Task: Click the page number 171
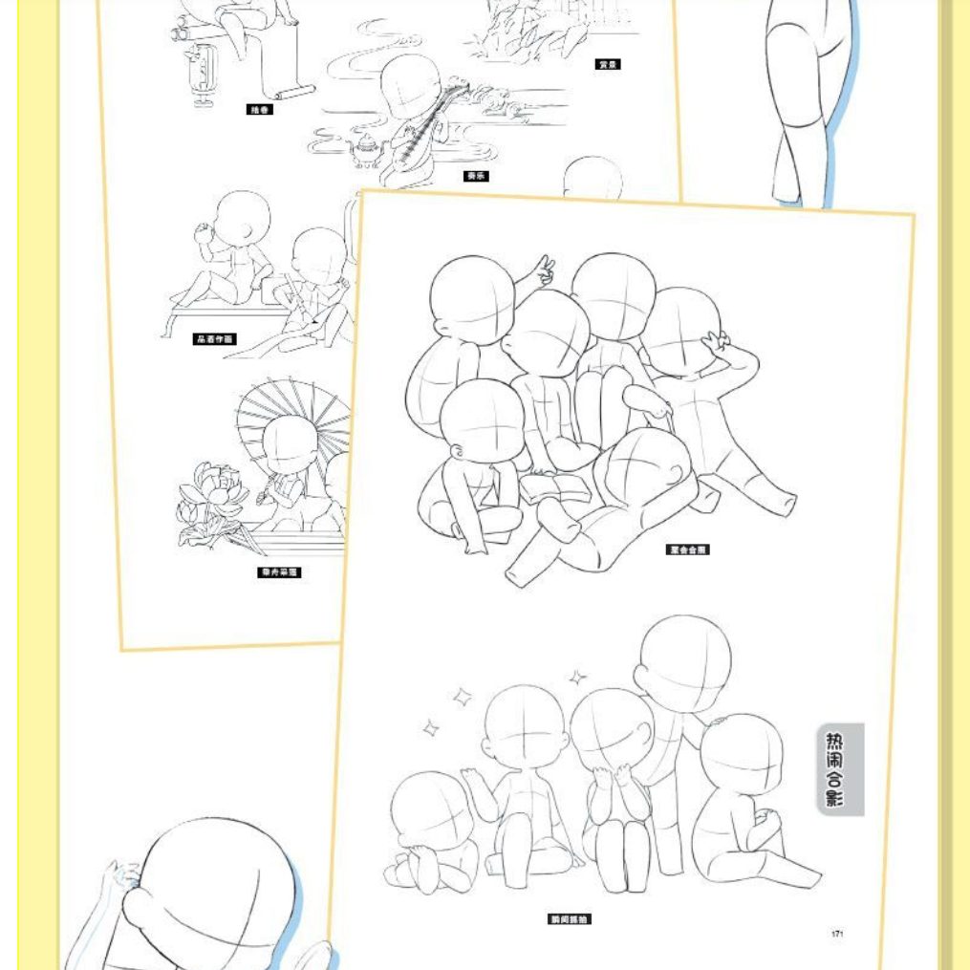point(837,934)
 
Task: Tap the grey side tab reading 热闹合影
point(841,769)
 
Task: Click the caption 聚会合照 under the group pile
point(688,550)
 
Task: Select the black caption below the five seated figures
point(569,919)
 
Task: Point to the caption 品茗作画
point(214,339)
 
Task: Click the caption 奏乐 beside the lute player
point(476,176)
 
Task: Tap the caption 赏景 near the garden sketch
point(608,64)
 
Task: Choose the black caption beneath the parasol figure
point(280,572)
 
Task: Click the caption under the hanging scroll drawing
point(260,110)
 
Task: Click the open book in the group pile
point(557,487)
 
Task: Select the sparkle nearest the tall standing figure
point(578,679)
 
